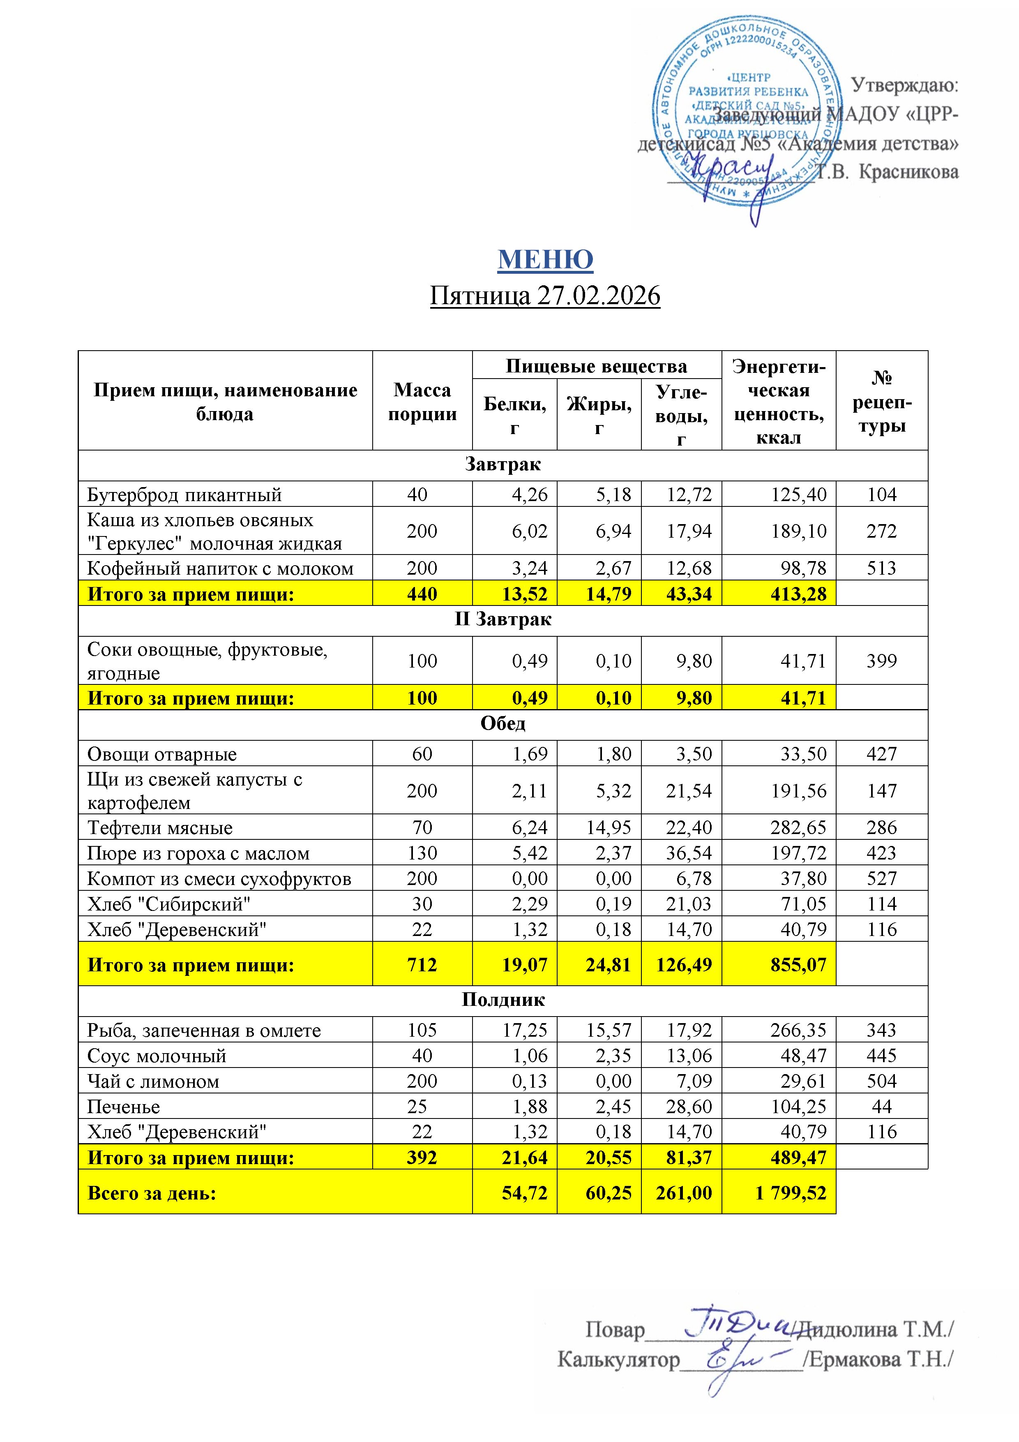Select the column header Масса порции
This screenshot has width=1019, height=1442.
(x=422, y=402)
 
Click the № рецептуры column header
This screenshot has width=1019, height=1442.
(x=881, y=402)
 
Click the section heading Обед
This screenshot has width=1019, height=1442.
(x=503, y=723)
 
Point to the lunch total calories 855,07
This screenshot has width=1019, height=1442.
(x=799, y=965)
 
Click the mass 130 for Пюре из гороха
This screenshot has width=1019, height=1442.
(x=422, y=853)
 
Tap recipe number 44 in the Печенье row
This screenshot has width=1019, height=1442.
(x=881, y=1107)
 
